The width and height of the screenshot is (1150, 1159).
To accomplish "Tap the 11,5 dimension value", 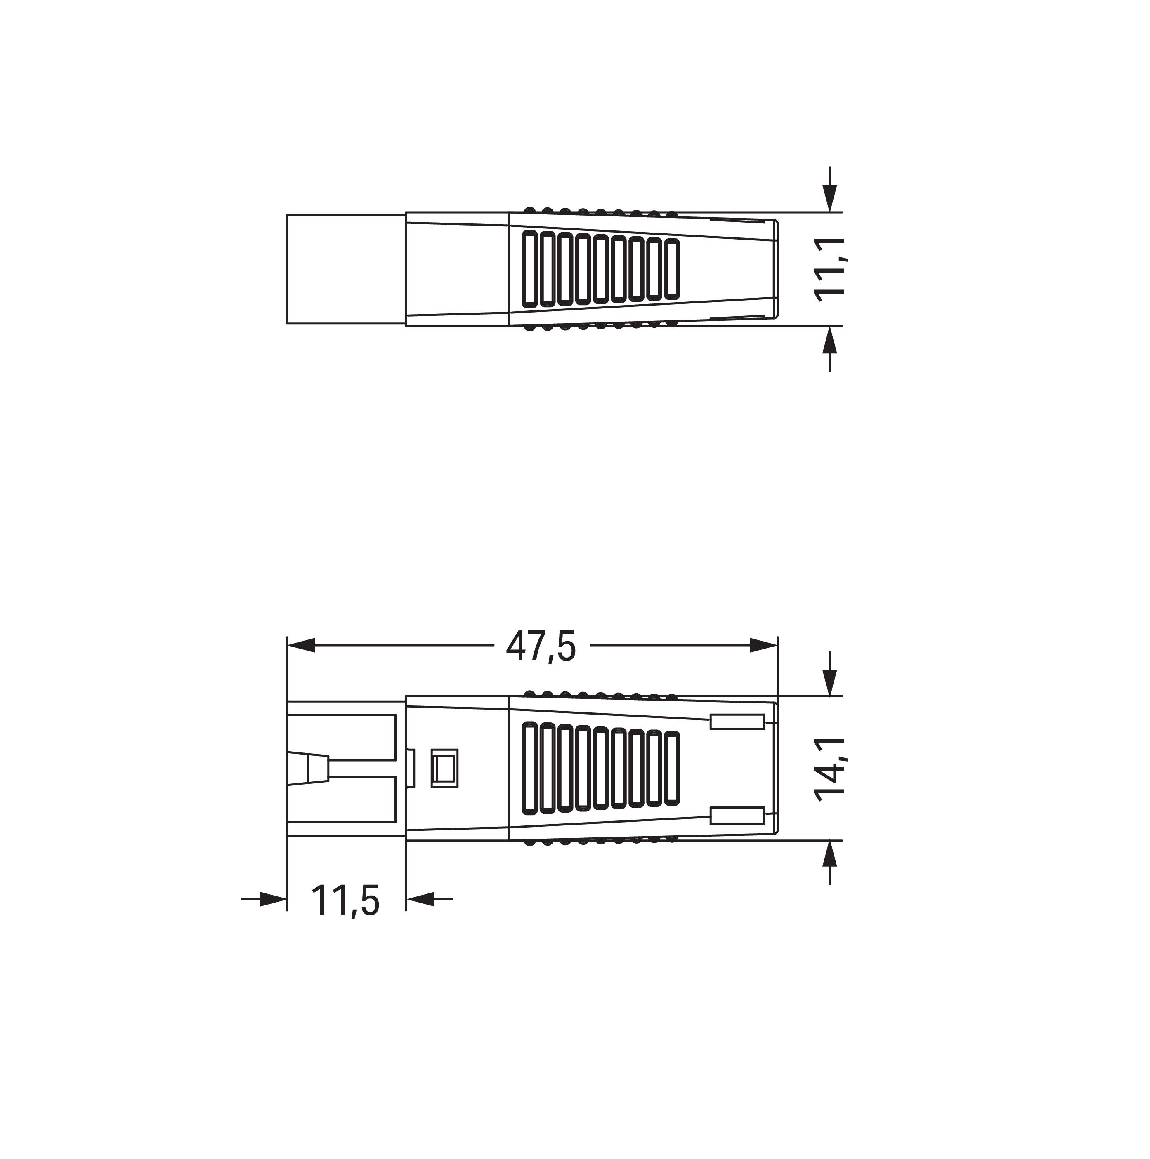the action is point(345,900).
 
